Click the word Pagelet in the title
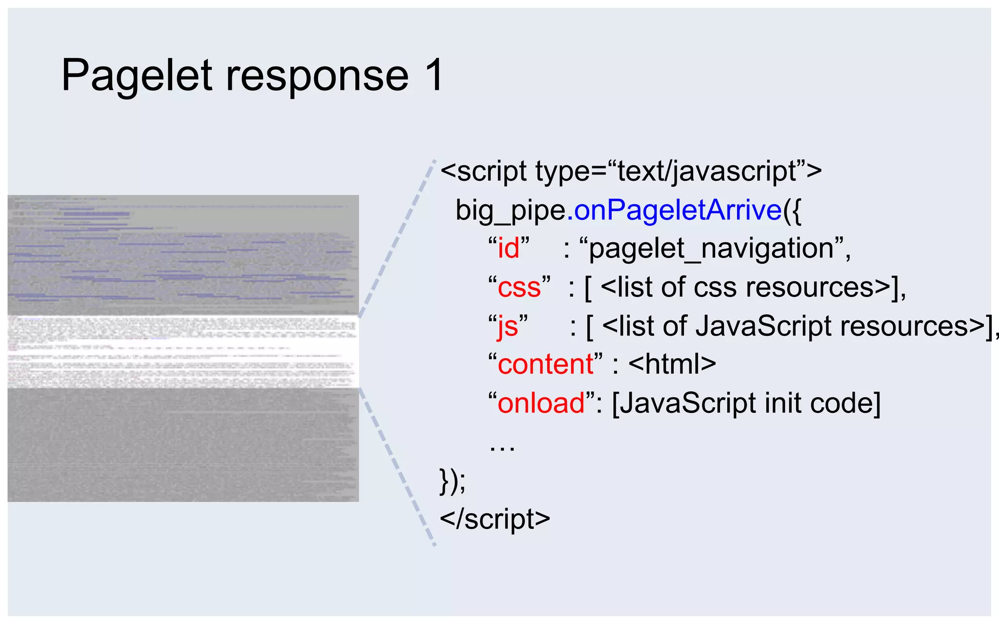[137, 76]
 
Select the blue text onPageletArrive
[678, 210]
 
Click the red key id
[508, 249]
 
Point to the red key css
[519, 288]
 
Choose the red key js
[508, 327]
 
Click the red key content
[545, 364]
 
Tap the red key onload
[541, 403]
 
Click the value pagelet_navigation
[712, 249]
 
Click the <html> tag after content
[672, 364]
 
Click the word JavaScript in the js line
[764, 326]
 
